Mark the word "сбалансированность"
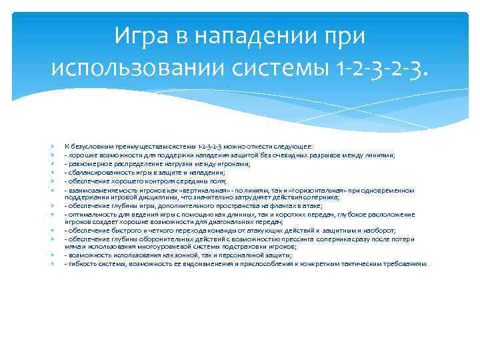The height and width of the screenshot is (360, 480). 96,172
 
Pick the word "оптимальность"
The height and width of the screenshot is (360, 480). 89,215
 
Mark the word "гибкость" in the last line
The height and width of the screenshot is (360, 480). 80,264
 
